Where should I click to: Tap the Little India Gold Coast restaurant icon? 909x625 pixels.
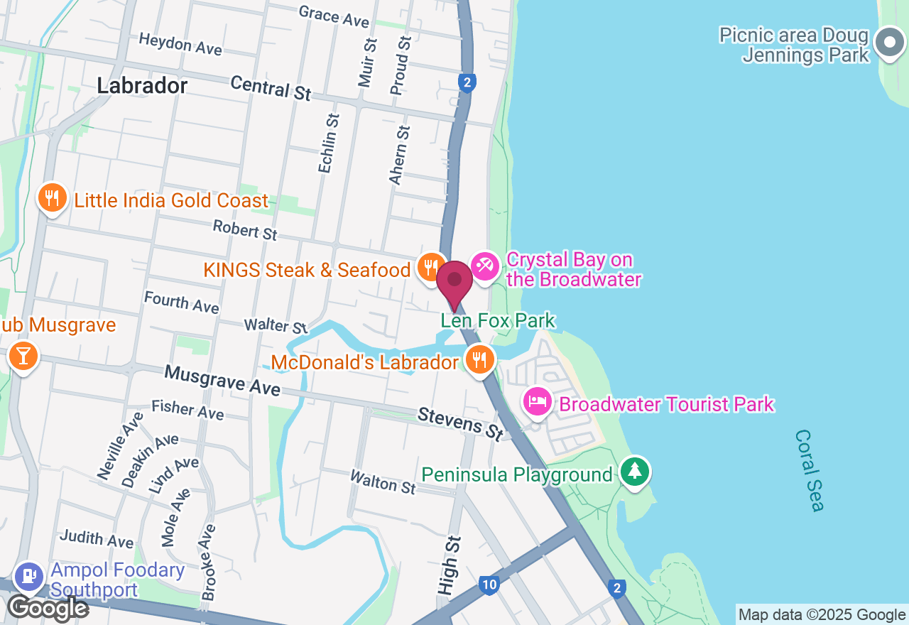52,198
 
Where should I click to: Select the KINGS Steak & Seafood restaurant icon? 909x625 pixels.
430,268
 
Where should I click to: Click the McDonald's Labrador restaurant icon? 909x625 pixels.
480,360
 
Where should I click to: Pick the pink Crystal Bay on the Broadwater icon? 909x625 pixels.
485,268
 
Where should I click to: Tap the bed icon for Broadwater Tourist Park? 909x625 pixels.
538,402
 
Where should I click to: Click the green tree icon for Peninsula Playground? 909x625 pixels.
635,472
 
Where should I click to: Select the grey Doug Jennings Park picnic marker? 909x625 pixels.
889,43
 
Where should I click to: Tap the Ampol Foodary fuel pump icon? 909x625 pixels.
30,576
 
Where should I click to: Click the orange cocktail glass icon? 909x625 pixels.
23,356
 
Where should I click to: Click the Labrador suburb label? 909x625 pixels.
142,86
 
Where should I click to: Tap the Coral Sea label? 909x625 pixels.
810,470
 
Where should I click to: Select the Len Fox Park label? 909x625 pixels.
498,321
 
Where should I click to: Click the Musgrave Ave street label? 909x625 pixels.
222,381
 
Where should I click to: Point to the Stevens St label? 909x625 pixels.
460,423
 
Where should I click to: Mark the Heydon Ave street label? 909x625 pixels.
180,44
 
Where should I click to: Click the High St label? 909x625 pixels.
449,565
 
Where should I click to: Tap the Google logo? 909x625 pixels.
48,608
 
